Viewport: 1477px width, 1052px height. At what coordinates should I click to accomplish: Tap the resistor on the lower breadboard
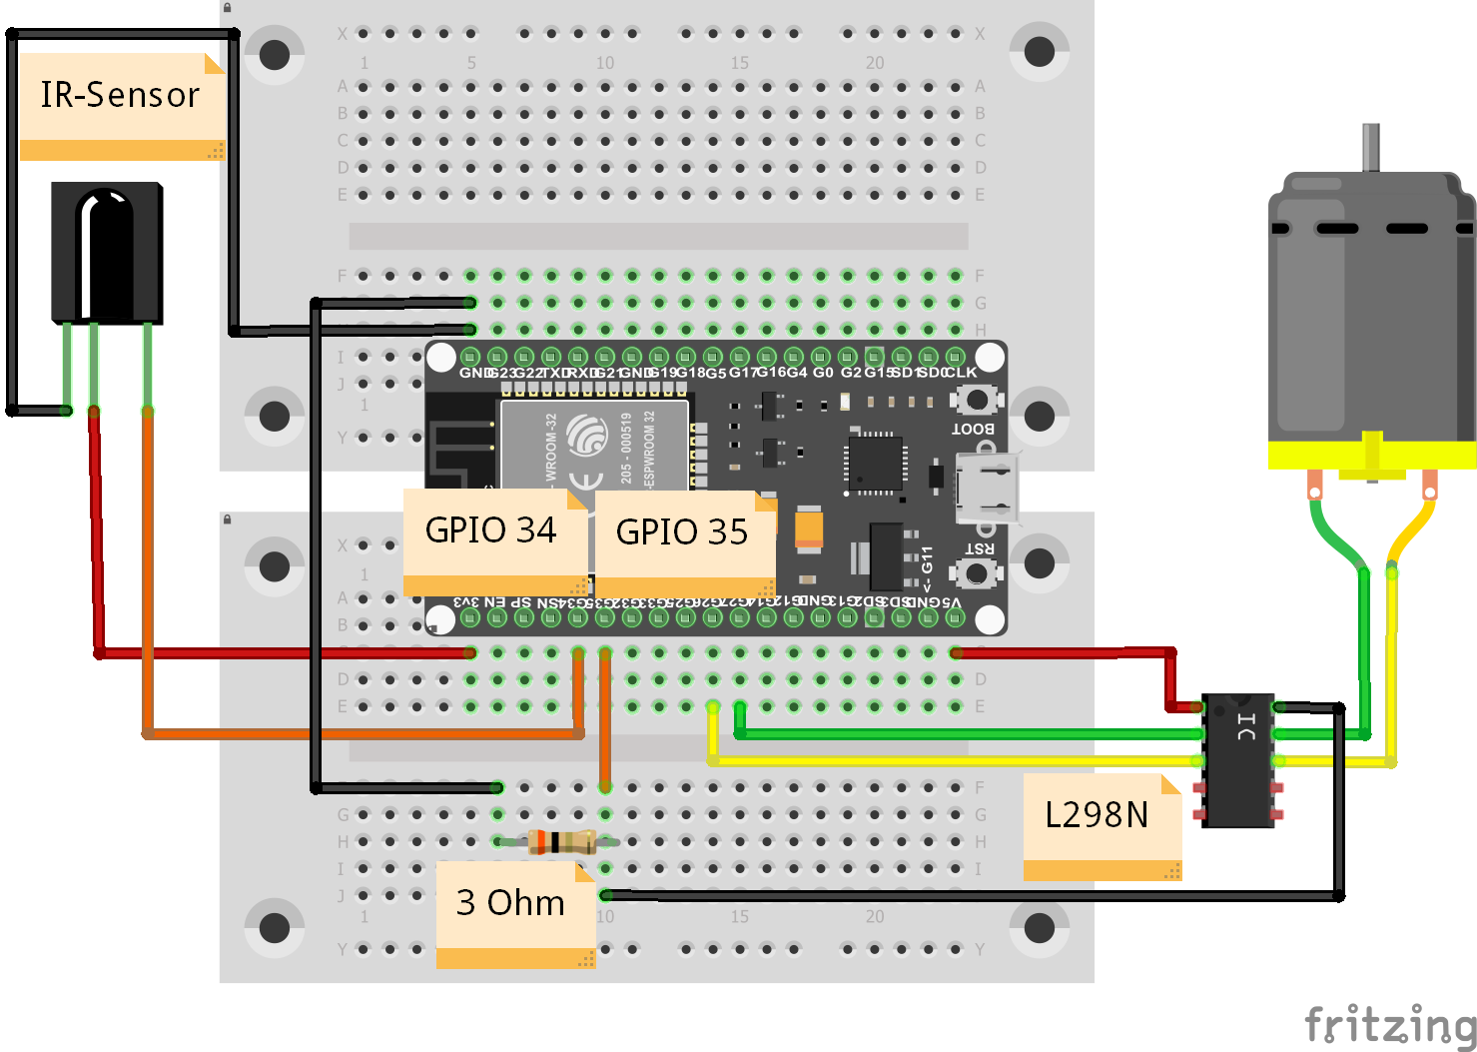[559, 841]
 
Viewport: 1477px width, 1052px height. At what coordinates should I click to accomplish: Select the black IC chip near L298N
[1238, 759]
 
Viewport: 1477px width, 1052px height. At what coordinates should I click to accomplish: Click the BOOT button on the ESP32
[977, 401]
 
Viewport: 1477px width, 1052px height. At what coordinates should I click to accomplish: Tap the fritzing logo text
[1389, 1025]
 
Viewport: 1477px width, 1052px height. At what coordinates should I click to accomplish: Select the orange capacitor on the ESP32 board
[809, 529]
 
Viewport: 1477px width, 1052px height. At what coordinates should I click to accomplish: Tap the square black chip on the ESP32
[876, 463]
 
